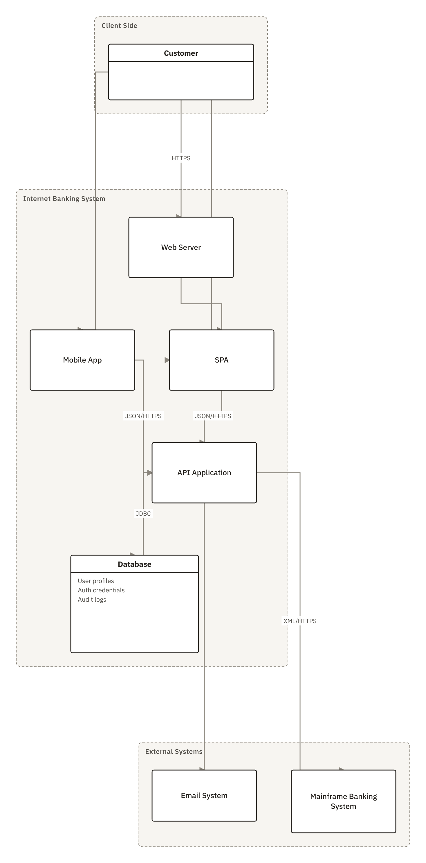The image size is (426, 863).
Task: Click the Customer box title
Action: click(181, 53)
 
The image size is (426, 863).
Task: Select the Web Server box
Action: click(181, 247)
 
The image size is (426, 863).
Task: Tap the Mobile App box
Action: click(82, 360)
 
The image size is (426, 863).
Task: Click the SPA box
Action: click(221, 360)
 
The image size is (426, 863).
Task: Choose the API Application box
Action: click(204, 473)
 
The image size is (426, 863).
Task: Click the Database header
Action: click(134, 564)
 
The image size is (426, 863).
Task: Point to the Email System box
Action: click(204, 796)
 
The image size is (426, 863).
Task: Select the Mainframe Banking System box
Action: click(343, 801)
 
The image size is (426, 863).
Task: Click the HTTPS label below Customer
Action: click(181, 158)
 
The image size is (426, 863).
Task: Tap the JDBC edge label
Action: click(143, 514)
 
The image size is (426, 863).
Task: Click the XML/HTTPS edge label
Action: click(300, 621)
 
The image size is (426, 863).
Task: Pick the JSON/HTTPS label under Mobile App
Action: click(143, 416)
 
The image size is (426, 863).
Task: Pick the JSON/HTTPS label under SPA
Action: click(213, 416)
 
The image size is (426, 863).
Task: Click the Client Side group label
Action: click(119, 26)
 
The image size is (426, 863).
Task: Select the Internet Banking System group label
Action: click(64, 199)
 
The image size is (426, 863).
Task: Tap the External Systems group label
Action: click(174, 751)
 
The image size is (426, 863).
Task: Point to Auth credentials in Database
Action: click(101, 590)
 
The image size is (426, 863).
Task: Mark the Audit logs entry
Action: click(92, 600)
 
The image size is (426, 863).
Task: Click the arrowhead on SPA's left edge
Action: click(167, 360)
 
